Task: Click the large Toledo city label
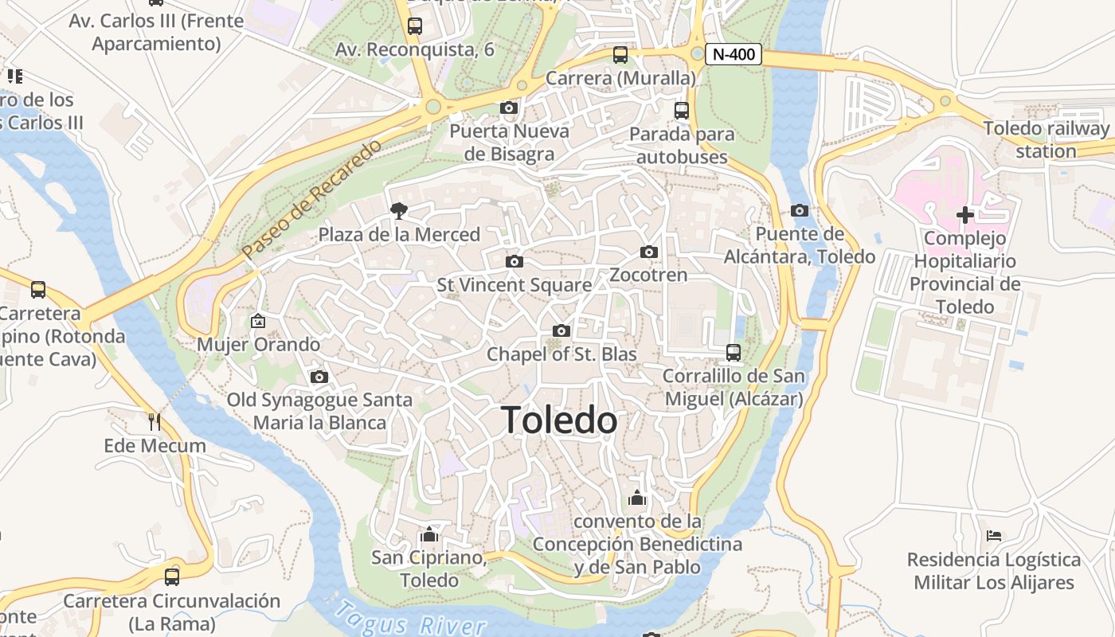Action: point(559,420)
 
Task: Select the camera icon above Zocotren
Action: point(649,252)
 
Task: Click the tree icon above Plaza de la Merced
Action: point(398,211)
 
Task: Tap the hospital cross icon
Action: point(964,214)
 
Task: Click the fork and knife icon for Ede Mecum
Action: point(155,421)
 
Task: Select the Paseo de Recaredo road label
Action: point(311,199)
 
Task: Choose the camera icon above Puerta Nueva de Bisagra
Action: point(509,107)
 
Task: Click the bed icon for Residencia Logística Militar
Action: point(993,536)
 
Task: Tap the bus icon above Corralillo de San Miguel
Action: point(734,352)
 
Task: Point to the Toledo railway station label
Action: point(1046,139)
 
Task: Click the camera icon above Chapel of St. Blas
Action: point(561,330)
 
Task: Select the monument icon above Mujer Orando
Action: point(258,321)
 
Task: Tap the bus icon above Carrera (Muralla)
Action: point(620,55)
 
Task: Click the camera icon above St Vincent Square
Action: point(514,261)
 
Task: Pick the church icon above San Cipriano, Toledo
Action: point(429,533)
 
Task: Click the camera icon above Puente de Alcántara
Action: point(800,210)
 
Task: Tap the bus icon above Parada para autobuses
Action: point(681,111)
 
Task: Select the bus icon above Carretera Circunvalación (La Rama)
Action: point(172,576)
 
